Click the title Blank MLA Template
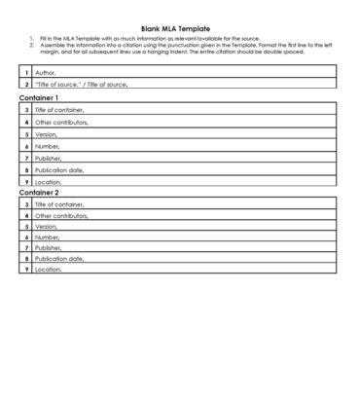tap(182, 29)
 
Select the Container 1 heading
tap(39, 98)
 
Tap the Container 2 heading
tap(39, 192)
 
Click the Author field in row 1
tap(46, 72)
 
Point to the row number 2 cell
tap(25, 84)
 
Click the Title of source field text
tap(81, 84)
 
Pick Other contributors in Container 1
tap(60, 123)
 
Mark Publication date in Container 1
tap(59, 169)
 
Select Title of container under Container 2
tap(59, 204)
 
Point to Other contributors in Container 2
tap(60, 215)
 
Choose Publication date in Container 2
tap(59, 258)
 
